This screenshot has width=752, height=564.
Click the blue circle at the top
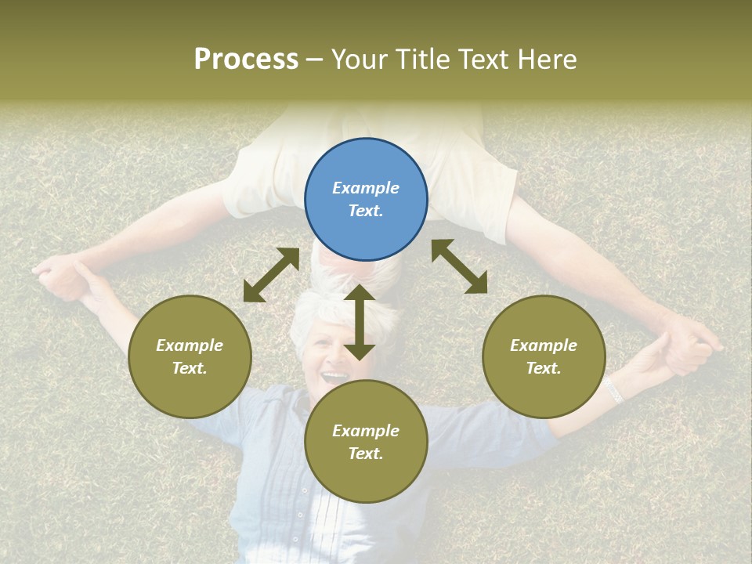click(366, 200)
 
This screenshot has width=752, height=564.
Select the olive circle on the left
click(190, 356)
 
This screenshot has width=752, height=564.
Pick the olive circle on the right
click(544, 356)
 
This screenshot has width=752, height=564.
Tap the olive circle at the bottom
click(366, 442)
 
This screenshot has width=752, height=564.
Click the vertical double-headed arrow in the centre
click(360, 321)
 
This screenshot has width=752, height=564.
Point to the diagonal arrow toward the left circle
click(271, 275)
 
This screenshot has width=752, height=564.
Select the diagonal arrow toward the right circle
click(459, 266)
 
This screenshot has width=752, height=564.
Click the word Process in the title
click(246, 59)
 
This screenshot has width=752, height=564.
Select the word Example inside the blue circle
click(366, 188)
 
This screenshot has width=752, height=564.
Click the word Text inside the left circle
click(190, 368)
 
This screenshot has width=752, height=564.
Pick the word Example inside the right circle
click(544, 345)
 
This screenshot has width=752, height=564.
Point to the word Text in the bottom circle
click(366, 454)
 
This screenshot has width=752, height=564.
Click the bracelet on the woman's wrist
click(612, 389)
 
